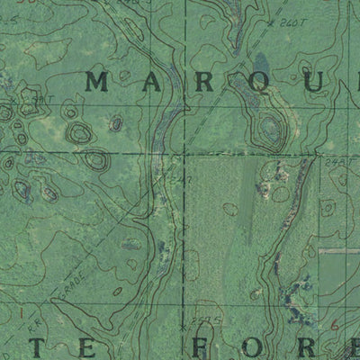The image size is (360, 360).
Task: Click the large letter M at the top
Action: coord(97,83)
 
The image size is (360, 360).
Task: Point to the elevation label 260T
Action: coord(291,20)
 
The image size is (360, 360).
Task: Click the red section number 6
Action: coord(335,323)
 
